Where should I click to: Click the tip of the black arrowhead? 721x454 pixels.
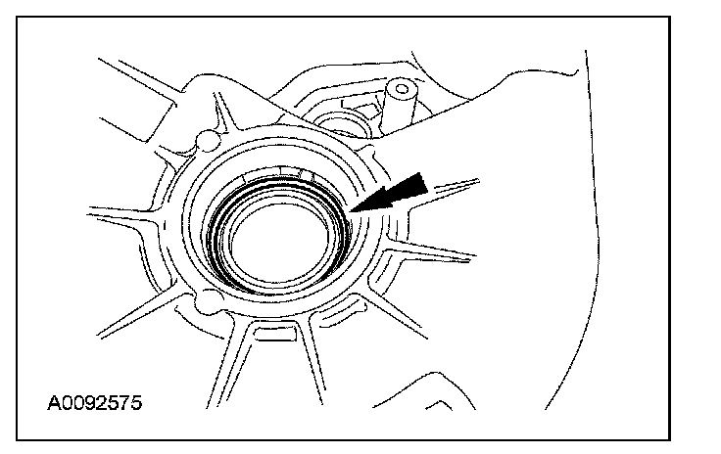[x=351, y=210]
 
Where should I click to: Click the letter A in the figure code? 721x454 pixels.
[x=52, y=403]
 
